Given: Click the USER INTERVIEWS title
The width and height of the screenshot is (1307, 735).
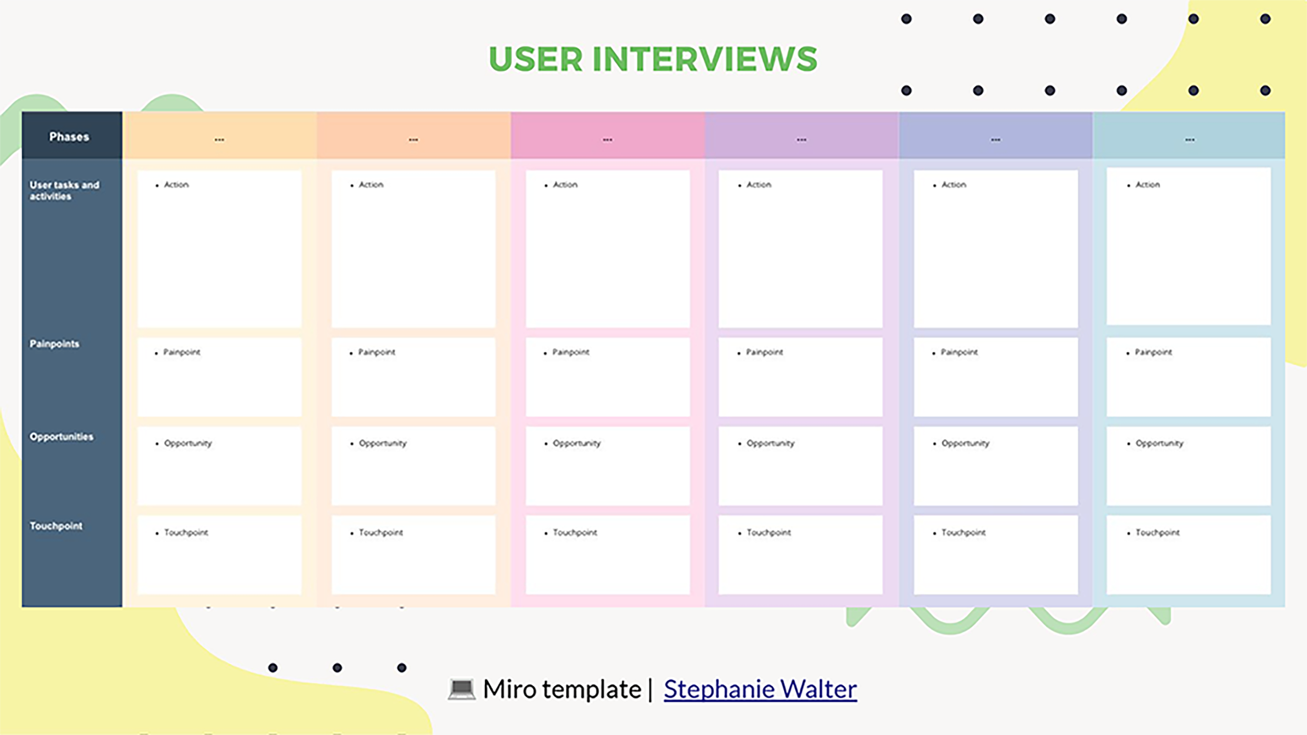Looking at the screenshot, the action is point(653,59).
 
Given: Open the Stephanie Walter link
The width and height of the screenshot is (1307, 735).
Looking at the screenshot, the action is point(760,689).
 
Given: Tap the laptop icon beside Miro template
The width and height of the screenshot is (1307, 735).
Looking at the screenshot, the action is point(462,689).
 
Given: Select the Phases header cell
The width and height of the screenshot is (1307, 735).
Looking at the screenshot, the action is point(69,136).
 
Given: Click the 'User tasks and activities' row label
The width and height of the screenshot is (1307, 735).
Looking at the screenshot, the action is point(64,190).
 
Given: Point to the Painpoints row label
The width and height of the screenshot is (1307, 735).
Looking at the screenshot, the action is point(54,344).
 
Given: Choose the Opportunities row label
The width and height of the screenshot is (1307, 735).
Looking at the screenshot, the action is point(61,437).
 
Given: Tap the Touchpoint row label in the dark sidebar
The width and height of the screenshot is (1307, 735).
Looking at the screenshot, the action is point(56,526).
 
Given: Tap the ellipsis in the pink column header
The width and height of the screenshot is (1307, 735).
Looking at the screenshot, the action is point(607,139).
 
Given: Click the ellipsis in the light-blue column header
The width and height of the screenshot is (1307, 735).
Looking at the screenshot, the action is point(1190,139).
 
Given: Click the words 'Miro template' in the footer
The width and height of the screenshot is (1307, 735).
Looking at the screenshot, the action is point(562,689).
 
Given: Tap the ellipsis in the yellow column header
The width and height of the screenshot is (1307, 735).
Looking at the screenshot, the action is point(219,139).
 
